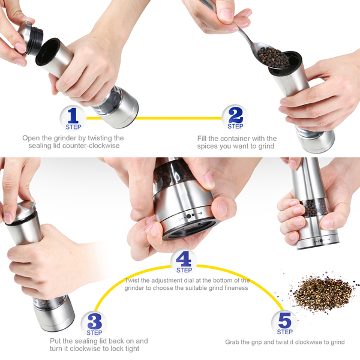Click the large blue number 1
(73, 115)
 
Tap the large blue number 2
(236, 115)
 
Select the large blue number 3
(94, 321)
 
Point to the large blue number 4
(184, 259)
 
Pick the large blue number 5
(284, 320)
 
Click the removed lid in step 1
(31, 38)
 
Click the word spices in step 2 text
(208, 146)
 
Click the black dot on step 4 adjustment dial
(189, 216)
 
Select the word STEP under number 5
(284, 332)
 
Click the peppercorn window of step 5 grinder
(314, 208)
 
